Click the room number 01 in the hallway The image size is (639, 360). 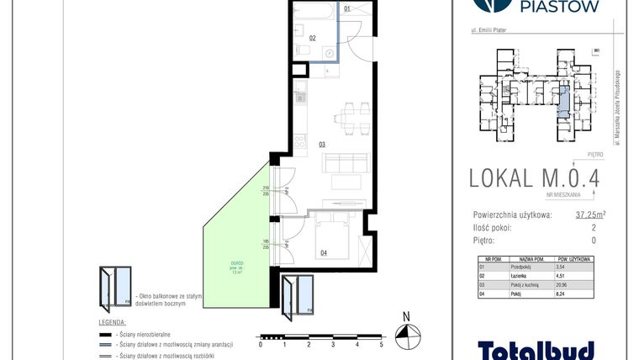[349, 10]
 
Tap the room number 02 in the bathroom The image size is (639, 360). [312, 38]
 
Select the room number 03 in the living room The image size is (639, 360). [322, 145]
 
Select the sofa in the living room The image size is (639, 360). [346, 162]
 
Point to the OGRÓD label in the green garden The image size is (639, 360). [238, 262]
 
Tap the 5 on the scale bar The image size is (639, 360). [382, 345]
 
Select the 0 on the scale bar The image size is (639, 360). [261, 345]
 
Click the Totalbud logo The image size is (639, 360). [536, 348]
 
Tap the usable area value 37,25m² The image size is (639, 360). [590, 214]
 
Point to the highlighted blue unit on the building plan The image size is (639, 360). [564, 101]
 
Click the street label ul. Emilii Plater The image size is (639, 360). [496, 33]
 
